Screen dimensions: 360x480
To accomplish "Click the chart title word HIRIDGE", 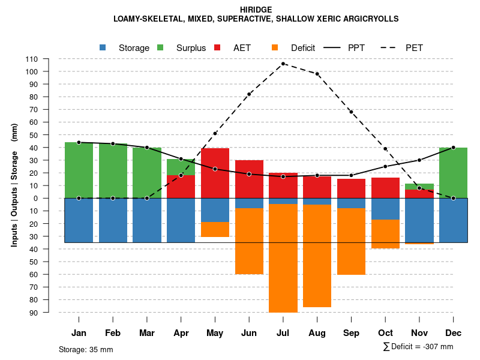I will [256, 10].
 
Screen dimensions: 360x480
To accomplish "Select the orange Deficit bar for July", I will [283, 258].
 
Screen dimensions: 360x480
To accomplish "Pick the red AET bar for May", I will [215, 173].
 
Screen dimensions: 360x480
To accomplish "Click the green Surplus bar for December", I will [453, 173].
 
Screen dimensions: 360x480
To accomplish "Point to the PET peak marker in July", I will [283, 64].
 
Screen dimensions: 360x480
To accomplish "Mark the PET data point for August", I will [317, 74].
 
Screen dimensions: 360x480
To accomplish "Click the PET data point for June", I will [249, 94].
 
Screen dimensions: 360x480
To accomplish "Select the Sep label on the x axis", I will [351, 333].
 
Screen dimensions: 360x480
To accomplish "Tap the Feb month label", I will [113, 333].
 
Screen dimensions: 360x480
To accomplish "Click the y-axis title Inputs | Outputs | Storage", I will [14, 185].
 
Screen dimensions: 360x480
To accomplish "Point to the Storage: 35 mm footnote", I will [86, 349].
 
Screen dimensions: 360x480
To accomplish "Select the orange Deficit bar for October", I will [385, 234].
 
